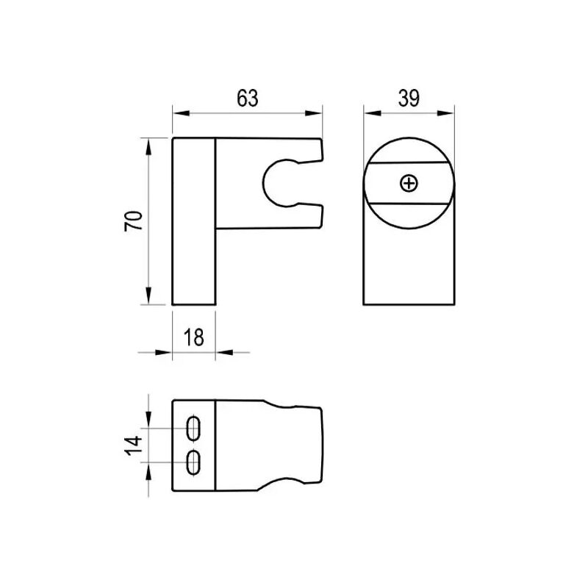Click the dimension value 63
click(x=248, y=98)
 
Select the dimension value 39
click(x=409, y=98)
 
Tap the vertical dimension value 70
click(x=134, y=220)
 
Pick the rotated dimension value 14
click(x=134, y=445)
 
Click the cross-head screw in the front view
click(x=409, y=182)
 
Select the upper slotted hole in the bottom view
click(x=194, y=428)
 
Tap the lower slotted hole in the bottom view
click(x=194, y=462)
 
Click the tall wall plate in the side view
click(x=193, y=220)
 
